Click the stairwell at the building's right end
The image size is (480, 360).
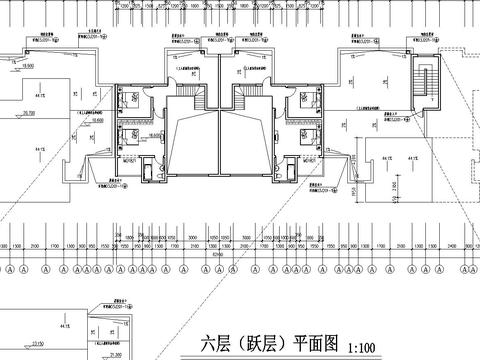pos(428,82)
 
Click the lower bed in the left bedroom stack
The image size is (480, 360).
pos(130,137)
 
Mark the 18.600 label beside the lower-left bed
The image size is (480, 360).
pos(155,133)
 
